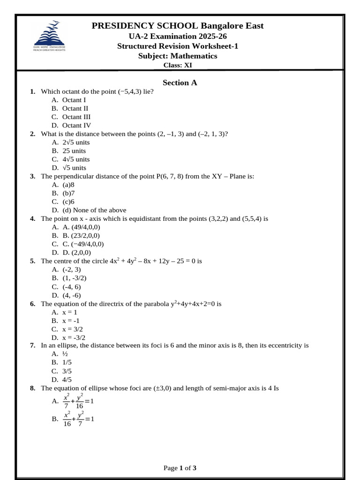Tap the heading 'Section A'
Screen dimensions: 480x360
[x=180, y=83]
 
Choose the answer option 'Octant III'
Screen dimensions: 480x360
[x=76, y=117]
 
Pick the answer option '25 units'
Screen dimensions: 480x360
[x=74, y=151]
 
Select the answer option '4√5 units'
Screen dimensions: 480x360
[x=76, y=159]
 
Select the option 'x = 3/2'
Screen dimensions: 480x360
[x=74, y=329]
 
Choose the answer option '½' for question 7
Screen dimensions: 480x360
[x=65, y=354]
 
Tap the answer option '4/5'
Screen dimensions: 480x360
[x=67, y=380]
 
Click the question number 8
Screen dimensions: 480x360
[x=32, y=388]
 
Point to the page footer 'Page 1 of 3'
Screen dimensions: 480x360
[x=180, y=468]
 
